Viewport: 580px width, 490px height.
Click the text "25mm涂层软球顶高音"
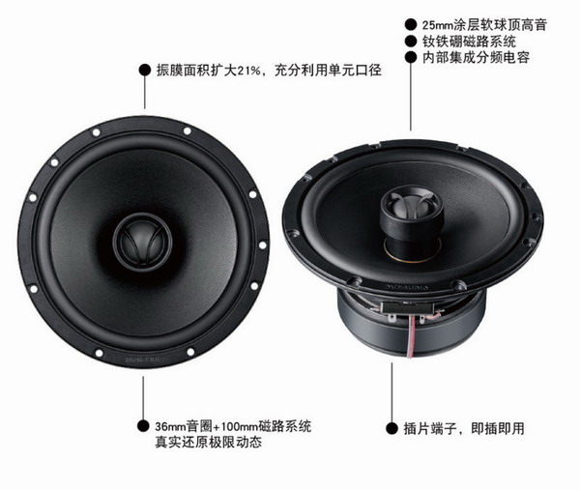click(484, 25)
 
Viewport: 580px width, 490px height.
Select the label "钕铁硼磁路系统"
click(469, 41)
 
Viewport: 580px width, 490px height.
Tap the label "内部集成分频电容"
click(476, 57)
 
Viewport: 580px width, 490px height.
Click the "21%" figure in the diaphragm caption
click(249, 71)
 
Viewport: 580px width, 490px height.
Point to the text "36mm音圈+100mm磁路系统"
click(233, 426)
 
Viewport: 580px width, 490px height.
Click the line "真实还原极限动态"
click(208, 443)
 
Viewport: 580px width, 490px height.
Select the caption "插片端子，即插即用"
click(464, 428)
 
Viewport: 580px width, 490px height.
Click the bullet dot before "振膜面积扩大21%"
click(145, 70)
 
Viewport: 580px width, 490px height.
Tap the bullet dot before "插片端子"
click(391, 428)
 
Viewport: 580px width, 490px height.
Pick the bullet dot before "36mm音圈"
click(143, 425)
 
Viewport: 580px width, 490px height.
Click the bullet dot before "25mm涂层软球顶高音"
click(411, 24)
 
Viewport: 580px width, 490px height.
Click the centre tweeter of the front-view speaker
click(142, 243)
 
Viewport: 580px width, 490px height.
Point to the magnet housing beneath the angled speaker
click(411, 326)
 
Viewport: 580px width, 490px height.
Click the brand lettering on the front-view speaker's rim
click(143, 359)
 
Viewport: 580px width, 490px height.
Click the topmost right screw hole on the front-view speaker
click(188, 130)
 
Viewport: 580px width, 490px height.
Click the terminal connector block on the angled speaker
click(407, 307)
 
